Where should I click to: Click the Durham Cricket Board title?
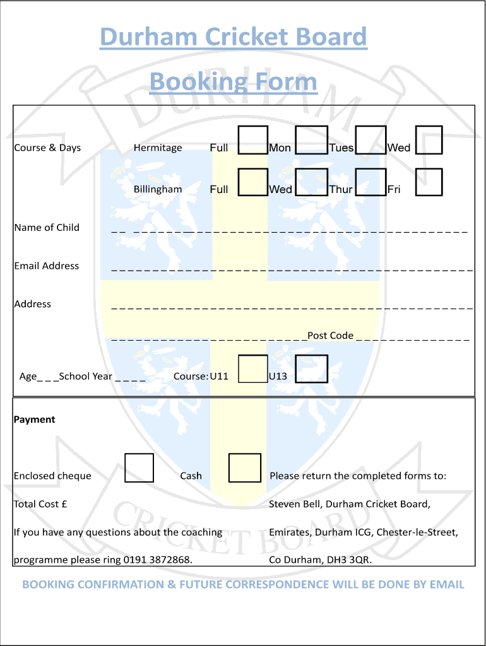(x=234, y=37)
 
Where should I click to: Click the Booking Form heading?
(x=234, y=81)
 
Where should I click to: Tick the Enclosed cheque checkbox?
(x=139, y=468)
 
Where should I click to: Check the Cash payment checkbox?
(x=245, y=468)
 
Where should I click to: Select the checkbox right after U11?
(x=253, y=368)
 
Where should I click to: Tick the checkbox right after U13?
(x=312, y=368)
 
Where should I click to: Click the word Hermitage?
(x=158, y=148)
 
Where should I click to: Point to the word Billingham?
(x=158, y=189)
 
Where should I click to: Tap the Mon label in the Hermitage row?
(x=280, y=148)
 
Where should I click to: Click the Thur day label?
(x=341, y=189)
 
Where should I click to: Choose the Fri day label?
(x=394, y=189)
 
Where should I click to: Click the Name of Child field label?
(x=47, y=227)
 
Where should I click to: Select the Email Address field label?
(x=47, y=266)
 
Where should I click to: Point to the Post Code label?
(x=331, y=336)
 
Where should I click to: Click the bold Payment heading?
(x=34, y=420)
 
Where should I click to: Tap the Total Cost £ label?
(x=40, y=504)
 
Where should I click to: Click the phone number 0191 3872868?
(x=157, y=560)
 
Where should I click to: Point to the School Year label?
(x=86, y=376)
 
